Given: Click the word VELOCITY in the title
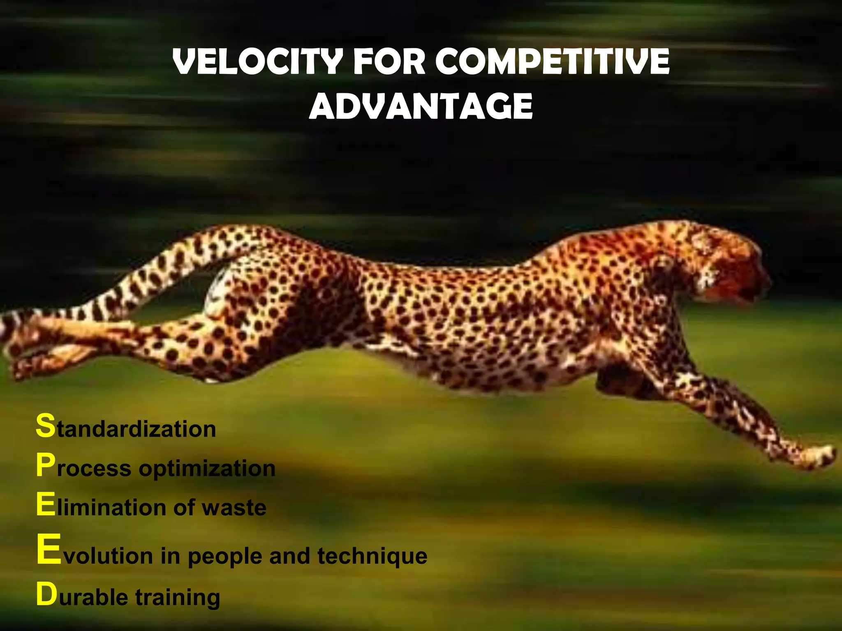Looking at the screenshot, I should [257, 62].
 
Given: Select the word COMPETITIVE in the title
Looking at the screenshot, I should [552, 62].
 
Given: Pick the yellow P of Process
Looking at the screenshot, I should [45, 466].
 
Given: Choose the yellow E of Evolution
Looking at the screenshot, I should [48, 550].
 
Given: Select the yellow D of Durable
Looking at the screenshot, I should [46, 594].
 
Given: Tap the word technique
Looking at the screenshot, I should [372, 556].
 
